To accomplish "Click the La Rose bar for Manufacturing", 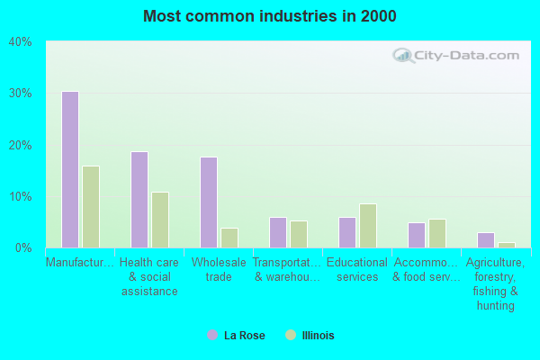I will [x=70, y=169].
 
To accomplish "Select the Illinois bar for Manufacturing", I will [x=91, y=206].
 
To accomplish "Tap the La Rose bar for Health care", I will [x=139, y=199].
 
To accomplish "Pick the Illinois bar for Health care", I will [x=160, y=220].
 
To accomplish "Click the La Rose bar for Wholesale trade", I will [x=209, y=202].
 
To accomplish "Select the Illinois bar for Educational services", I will [x=368, y=225].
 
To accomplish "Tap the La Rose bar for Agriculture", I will [x=486, y=239].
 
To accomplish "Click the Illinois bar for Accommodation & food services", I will [x=437, y=233].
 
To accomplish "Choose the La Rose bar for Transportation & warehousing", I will [x=278, y=232].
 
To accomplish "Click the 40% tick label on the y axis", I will [x=20, y=41].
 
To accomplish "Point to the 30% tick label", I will [x=20, y=94].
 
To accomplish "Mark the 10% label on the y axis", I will [x=20, y=196].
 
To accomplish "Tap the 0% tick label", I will [x=22, y=247].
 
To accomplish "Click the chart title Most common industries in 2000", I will [x=269, y=16].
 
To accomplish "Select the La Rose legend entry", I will [x=236, y=336].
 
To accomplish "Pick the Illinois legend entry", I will [x=309, y=336].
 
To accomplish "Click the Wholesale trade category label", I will [x=212, y=270].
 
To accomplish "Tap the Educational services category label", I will [x=357, y=270].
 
